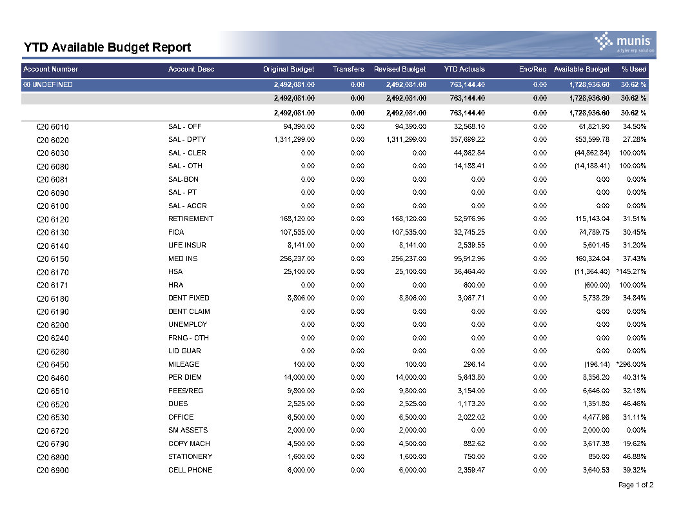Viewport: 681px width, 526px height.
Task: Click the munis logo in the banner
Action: [624, 43]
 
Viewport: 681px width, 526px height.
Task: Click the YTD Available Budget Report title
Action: [107, 47]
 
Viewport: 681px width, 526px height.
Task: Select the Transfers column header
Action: [348, 70]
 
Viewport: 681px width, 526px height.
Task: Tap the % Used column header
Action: [634, 70]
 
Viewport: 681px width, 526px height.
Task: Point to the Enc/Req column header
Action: [533, 70]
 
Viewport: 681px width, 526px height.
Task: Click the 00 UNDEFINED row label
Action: [48, 84]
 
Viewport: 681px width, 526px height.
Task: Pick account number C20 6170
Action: [52, 273]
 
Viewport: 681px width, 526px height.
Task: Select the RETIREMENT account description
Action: [191, 219]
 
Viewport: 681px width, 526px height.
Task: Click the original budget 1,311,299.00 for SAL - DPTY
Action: [295, 139]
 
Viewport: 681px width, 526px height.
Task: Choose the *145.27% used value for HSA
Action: [631, 271]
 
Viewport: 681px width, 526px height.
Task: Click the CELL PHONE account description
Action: [190, 470]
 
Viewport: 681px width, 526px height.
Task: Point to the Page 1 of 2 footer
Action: [636, 485]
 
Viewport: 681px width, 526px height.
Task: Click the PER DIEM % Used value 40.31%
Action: [635, 378]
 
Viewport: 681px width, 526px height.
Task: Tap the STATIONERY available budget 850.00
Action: [599, 456]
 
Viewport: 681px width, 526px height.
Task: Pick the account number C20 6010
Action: [52, 127]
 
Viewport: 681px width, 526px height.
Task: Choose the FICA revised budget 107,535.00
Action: [409, 232]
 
